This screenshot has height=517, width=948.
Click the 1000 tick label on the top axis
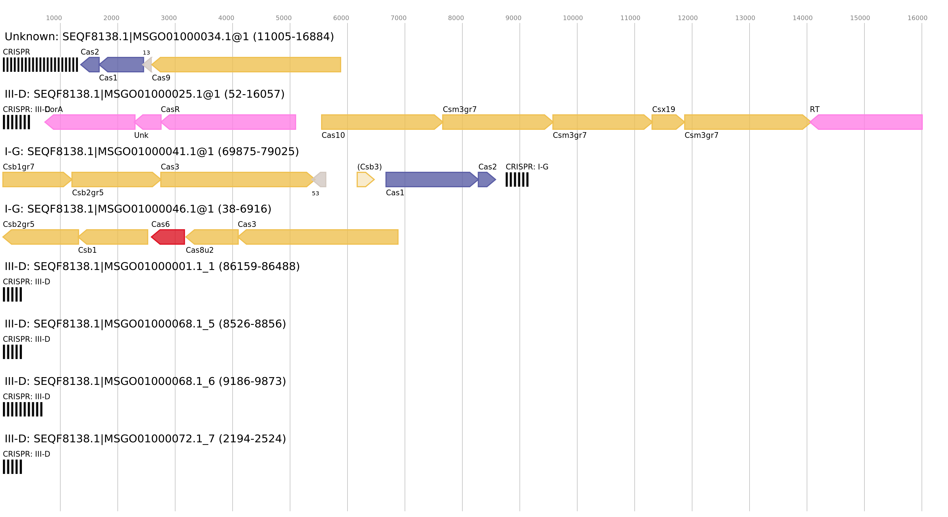[54, 18]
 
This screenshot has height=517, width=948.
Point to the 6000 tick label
[341, 18]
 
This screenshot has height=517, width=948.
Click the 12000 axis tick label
[688, 18]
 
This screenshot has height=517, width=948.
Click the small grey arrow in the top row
[148, 65]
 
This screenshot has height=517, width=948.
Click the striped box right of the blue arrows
[517, 180]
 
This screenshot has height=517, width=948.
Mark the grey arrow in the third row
[320, 180]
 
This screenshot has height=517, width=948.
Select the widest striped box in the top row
[40, 65]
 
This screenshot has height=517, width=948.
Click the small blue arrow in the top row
[90, 65]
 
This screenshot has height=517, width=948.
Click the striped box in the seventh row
[22, 409]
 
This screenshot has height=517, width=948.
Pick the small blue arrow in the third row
[486, 180]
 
